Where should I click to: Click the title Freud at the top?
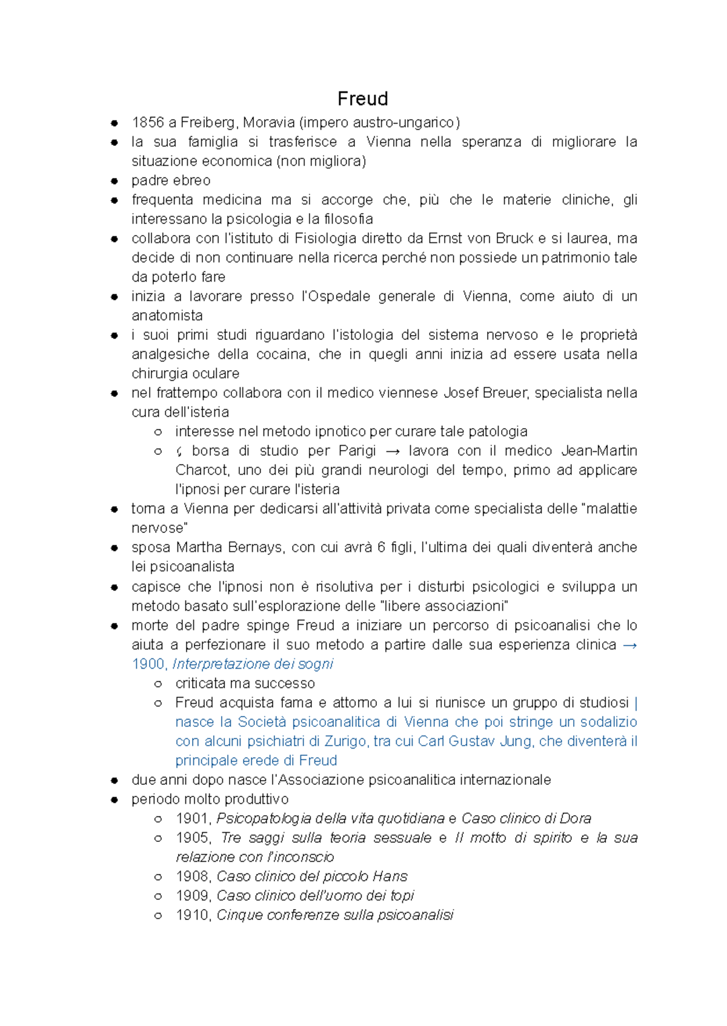click(362, 99)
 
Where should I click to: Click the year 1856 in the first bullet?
click(148, 122)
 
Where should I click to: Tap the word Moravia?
click(268, 122)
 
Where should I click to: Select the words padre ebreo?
click(171, 180)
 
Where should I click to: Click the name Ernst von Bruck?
click(480, 239)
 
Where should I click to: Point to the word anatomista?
click(167, 316)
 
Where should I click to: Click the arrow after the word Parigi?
click(392, 451)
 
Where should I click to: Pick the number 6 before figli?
click(381, 548)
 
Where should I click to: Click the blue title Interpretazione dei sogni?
click(253, 664)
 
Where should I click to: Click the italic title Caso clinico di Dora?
click(526, 819)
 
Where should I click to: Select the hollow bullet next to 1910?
click(158, 916)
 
